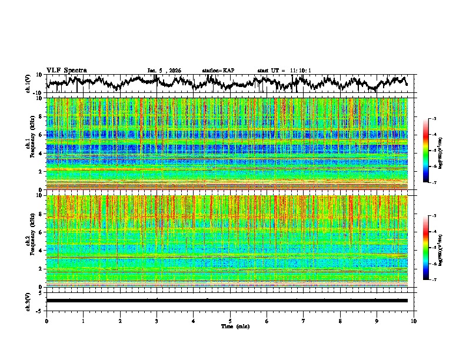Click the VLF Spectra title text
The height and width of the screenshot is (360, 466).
(66, 70)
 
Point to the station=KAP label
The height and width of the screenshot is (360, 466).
(218, 71)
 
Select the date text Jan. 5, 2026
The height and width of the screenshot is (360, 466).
(164, 71)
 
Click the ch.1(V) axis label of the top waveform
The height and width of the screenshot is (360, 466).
(29, 84)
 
